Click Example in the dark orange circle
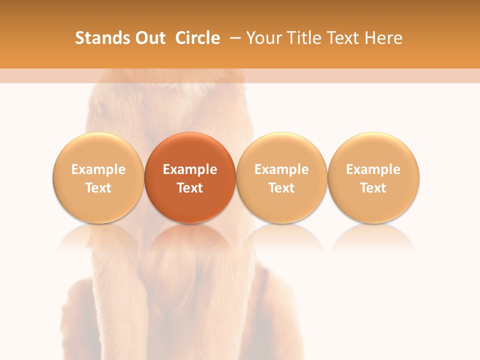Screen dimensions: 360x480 pos(190,169)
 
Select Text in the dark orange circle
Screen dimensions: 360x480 pos(190,188)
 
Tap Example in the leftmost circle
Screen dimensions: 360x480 pos(98,169)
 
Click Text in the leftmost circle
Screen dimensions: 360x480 pos(98,188)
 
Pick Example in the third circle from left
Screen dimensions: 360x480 pos(281,169)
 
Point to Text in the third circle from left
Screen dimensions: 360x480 pos(281,188)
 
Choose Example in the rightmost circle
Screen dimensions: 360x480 pos(373,169)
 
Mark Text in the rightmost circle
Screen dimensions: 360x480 pos(373,188)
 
